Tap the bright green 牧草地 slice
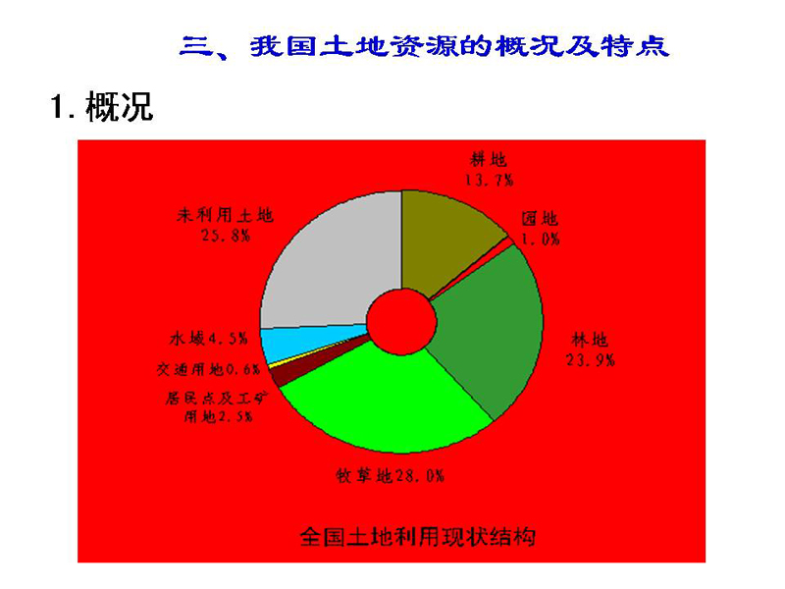pos(386,401)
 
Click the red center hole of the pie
pos(401,322)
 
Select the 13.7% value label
pos(489,180)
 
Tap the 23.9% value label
pos(591,359)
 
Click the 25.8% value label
pos(226,235)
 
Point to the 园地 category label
pos(540,218)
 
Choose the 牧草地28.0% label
pos(391,475)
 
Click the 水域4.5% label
pos(209,339)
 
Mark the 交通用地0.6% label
pos(208,370)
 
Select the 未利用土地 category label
pos(225,215)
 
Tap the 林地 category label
pos(591,340)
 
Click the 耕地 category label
pos(489,160)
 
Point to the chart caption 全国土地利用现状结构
pos(418,537)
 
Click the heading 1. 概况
pos(102,106)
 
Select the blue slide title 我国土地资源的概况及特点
pos(459,46)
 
